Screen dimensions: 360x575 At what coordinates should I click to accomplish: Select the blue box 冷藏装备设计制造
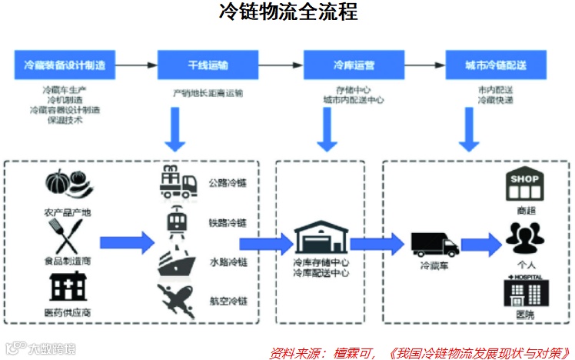65,65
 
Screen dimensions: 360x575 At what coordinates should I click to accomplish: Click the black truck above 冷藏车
434,245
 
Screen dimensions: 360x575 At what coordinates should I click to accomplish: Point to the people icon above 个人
526,235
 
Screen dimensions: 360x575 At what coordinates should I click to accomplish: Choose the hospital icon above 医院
526,291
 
